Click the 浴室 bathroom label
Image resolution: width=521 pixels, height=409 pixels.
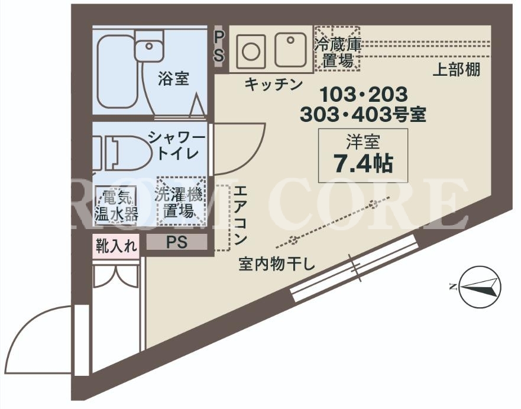tap(173, 79)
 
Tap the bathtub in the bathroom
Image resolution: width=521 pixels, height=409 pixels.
tap(117, 72)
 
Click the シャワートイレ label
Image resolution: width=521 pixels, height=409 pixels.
tap(177, 146)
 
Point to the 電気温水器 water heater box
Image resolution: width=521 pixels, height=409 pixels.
tap(116, 206)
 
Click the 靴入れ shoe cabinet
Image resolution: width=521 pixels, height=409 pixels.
tap(116, 246)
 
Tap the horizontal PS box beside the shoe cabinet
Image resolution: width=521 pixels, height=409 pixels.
tap(176, 241)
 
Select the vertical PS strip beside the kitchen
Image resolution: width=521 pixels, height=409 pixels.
tap(218, 46)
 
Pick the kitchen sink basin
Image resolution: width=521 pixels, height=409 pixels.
tap(290, 50)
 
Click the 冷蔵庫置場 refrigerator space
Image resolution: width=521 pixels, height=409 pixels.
tap(337, 49)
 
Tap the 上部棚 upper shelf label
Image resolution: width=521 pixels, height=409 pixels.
tap(456, 70)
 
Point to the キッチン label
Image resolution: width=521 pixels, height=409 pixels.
tap(273, 84)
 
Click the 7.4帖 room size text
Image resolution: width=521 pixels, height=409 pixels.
tap(363, 163)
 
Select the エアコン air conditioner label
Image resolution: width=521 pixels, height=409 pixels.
tap(240, 215)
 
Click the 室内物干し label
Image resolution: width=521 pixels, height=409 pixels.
tap(276, 265)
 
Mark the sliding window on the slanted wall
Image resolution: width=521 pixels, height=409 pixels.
tap(354, 268)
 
